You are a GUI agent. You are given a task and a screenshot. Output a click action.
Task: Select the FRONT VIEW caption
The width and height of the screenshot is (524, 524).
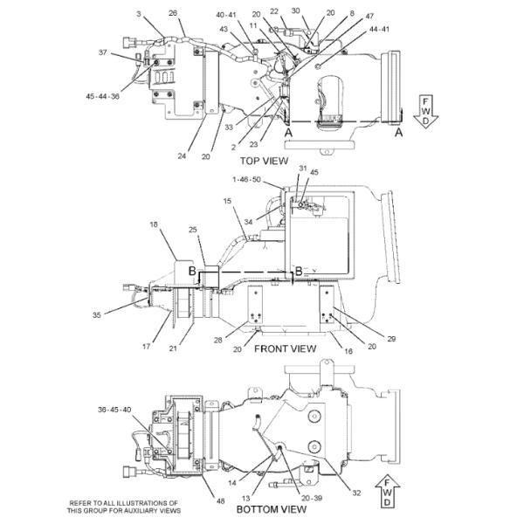(x=285, y=348)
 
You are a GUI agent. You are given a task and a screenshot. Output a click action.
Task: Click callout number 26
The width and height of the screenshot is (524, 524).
(x=173, y=13)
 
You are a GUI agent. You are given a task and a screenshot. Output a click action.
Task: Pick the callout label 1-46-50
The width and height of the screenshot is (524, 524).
(x=246, y=179)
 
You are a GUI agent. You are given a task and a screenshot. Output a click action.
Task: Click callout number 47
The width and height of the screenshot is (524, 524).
(x=369, y=17)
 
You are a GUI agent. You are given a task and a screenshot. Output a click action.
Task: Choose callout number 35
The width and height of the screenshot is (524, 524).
(x=96, y=314)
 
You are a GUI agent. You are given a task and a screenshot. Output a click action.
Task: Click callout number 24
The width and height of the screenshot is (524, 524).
(x=183, y=156)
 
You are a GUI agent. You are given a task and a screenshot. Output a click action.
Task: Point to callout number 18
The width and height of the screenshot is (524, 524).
(x=154, y=225)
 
